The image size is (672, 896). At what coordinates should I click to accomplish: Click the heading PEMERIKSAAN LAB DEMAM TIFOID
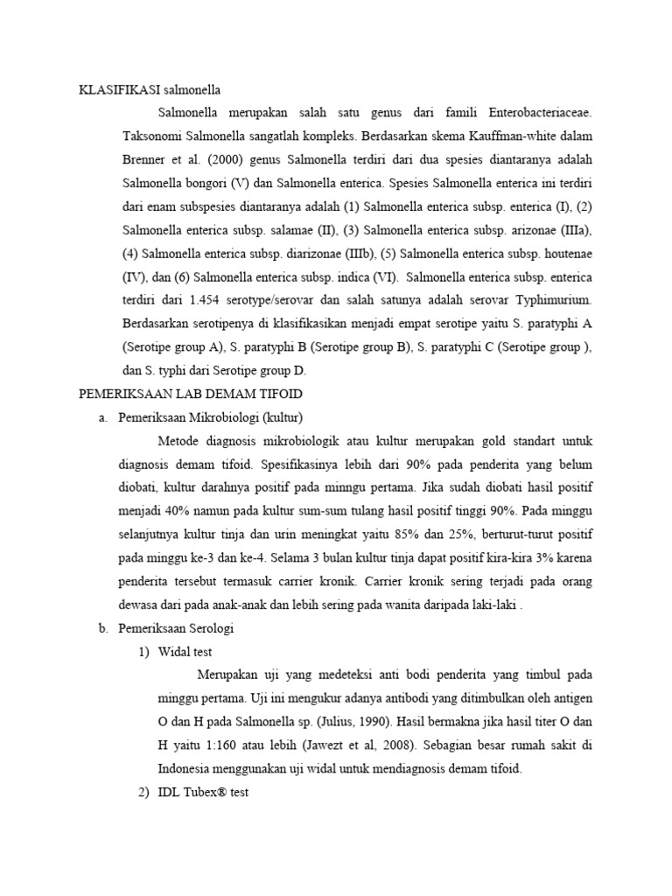tap(191, 395)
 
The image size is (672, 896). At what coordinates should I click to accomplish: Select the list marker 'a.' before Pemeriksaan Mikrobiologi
tap(103, 418)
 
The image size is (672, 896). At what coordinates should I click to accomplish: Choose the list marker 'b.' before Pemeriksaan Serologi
tap(103, 628)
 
